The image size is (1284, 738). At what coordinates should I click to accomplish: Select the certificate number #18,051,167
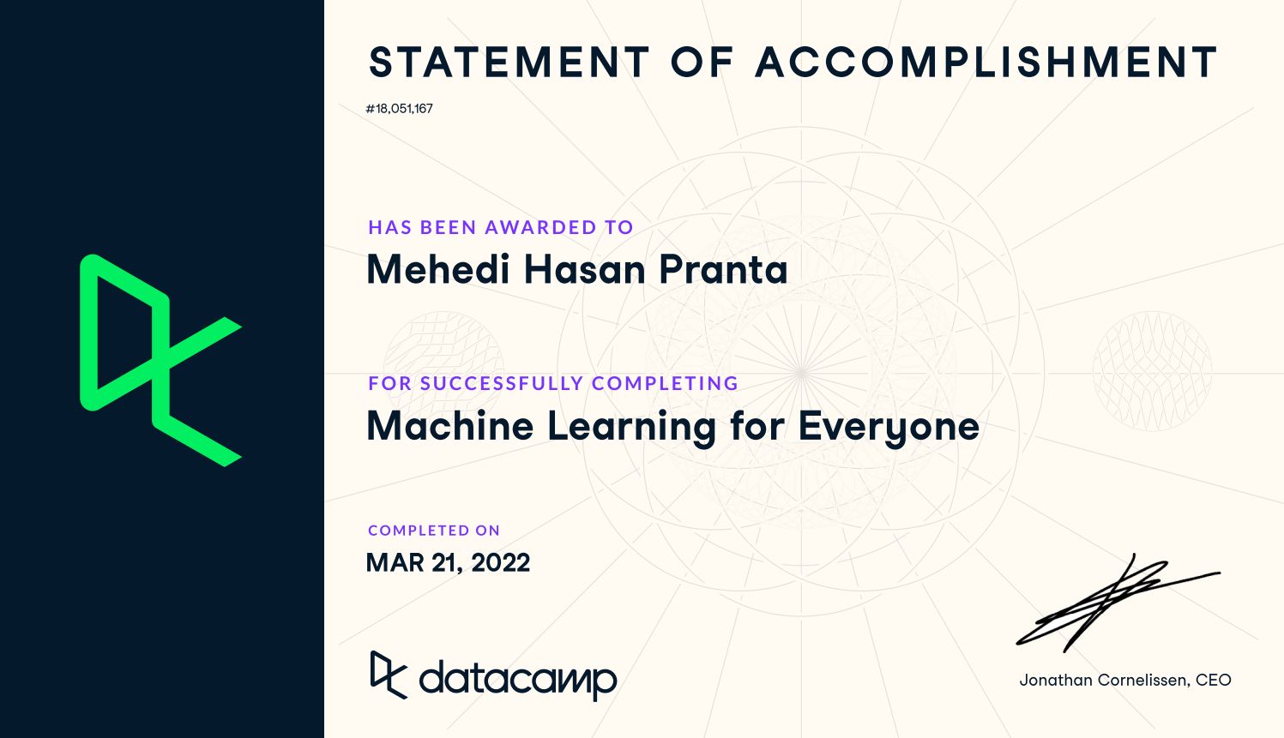click(400, 109)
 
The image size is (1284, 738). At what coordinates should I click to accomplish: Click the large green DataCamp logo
click(161, 360)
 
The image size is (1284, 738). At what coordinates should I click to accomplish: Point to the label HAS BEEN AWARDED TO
click(500, 227)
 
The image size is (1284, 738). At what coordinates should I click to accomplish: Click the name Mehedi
click(438, 269)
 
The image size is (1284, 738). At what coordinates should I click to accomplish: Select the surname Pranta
click(723, 269)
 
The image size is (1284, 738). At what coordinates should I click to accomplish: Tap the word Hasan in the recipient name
click(585, 269)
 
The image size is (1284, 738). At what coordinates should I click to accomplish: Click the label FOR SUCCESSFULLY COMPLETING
click(553, 383)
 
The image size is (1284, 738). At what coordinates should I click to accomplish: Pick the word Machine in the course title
click(450, 426)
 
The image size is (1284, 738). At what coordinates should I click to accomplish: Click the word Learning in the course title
click(631, 428)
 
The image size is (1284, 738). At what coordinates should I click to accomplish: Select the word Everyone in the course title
click(889, 428)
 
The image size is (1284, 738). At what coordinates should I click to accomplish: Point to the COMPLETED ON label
click(434, 531)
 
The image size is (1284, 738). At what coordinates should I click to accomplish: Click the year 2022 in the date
click(500, 562)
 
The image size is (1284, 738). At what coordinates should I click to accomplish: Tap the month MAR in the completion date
click(395, 562)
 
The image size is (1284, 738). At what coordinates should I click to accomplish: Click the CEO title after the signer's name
click(1213, 680)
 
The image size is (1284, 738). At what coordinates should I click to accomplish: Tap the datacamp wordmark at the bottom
click(518, 680)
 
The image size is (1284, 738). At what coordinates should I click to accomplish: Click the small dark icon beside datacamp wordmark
click(388, 675)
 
